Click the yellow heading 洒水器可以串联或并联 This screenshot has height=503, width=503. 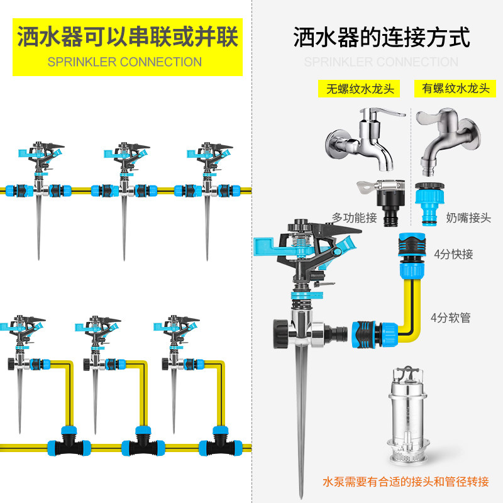click(128, 37)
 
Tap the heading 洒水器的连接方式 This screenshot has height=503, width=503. click(382, 37)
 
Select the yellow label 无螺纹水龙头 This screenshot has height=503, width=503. click(360, 89)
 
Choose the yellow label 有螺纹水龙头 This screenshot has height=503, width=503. click(452, 89)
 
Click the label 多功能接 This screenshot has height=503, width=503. click(354, 218)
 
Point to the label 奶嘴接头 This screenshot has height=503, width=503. click(468, 218)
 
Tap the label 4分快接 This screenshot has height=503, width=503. click(453, 254)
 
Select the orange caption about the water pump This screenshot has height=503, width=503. click(406, 482)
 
